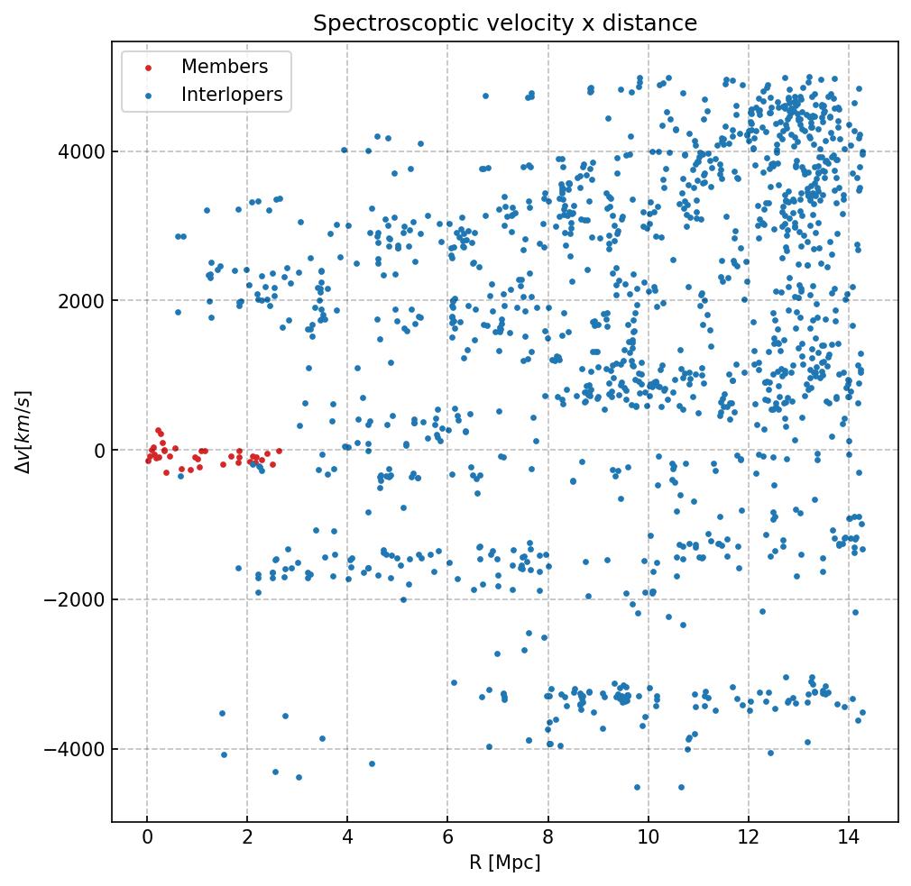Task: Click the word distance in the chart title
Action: (x=656, y=23)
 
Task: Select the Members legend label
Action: (x=225, y=67)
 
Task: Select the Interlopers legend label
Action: (x=232, y=95)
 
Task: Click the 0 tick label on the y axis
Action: (x=99, y=451)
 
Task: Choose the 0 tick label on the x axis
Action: (x=147, y=839)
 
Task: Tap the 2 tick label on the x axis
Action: (x=247, y=839)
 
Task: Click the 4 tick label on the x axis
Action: (x=347, y=839)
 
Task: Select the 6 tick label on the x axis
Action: (x=447, y=839)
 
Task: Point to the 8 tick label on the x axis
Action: (x=548, y=839)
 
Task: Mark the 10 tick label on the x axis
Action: (x=648, y=839)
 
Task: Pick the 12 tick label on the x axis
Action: (x=748, y=839)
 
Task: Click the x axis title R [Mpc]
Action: (x=504, y=863)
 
